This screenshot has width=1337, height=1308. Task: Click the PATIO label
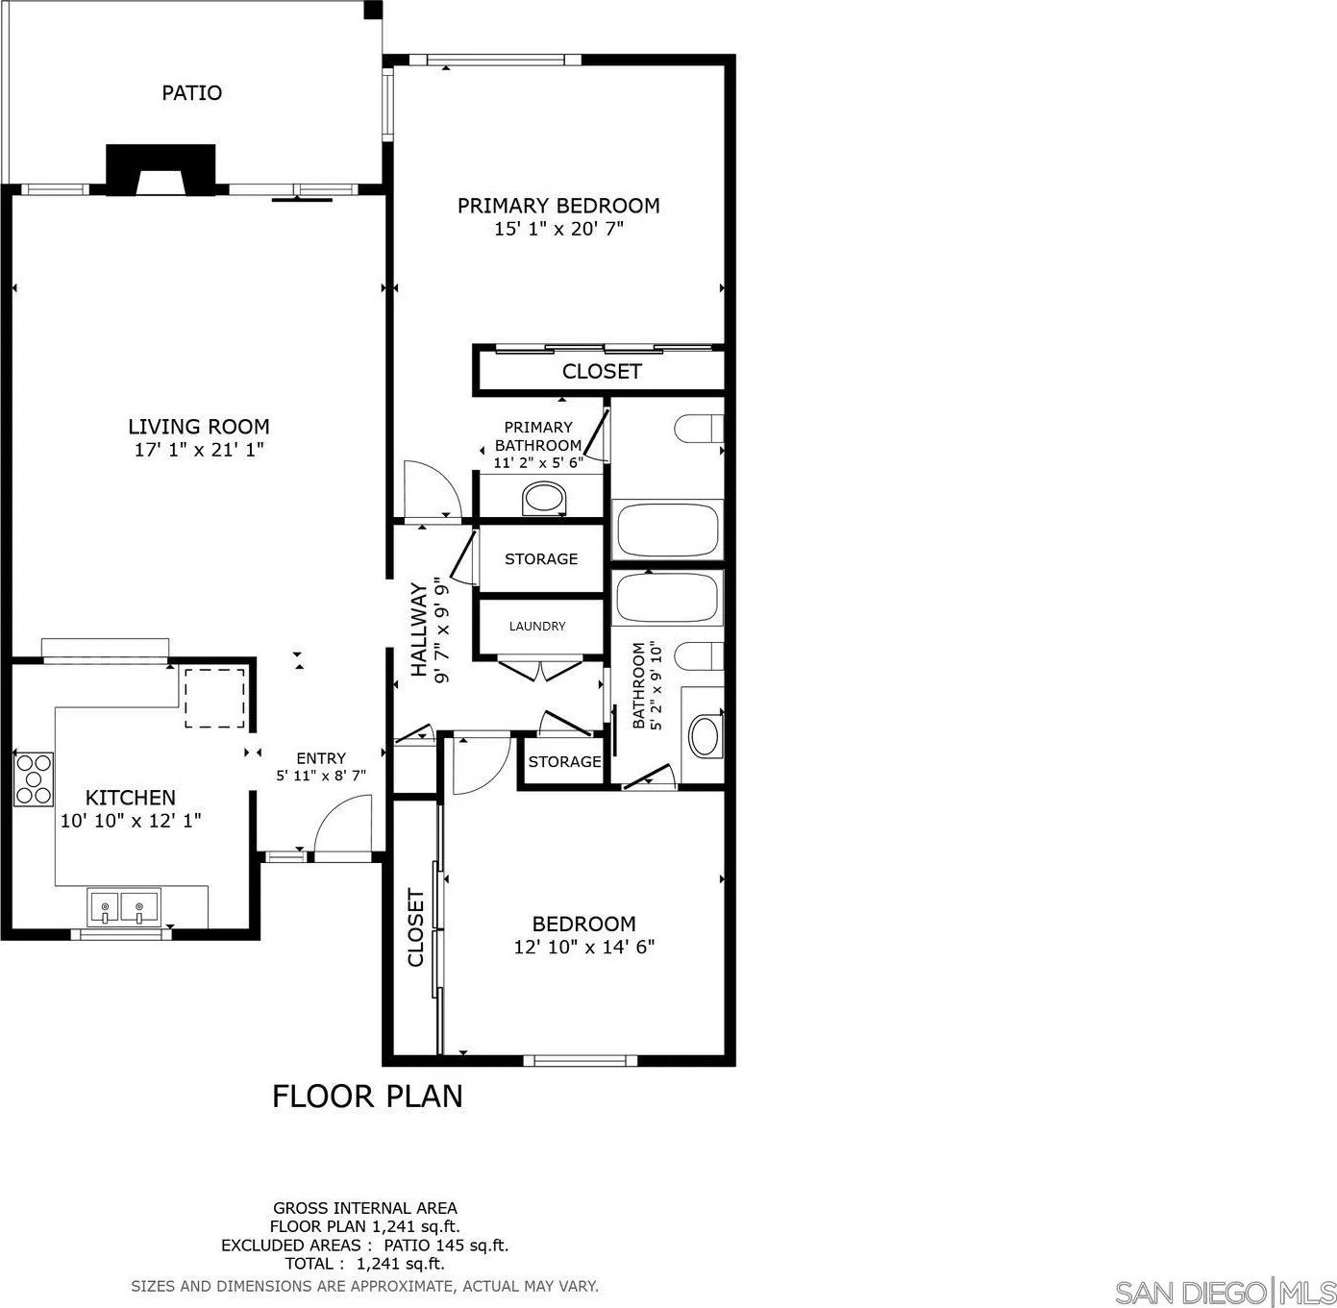191,92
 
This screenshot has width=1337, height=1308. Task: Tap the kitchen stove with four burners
34,778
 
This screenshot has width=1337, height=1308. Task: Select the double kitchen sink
123,905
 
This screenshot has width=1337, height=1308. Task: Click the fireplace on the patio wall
161,169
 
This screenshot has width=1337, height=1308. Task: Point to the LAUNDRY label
537,626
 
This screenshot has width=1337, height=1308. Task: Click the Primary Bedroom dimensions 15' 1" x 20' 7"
558,229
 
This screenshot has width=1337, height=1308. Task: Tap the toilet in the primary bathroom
700,430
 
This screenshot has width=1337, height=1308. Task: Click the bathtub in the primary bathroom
668,529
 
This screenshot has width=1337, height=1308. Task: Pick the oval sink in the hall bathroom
705,736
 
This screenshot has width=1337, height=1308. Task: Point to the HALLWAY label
418,630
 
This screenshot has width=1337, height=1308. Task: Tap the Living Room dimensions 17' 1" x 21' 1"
199,450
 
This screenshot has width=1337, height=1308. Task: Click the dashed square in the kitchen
215,697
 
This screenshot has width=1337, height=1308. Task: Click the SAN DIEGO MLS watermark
1224,1293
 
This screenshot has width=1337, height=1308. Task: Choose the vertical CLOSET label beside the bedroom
415,927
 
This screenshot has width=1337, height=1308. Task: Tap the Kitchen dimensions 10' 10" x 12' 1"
131,820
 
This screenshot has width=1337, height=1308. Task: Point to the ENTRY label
321,758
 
